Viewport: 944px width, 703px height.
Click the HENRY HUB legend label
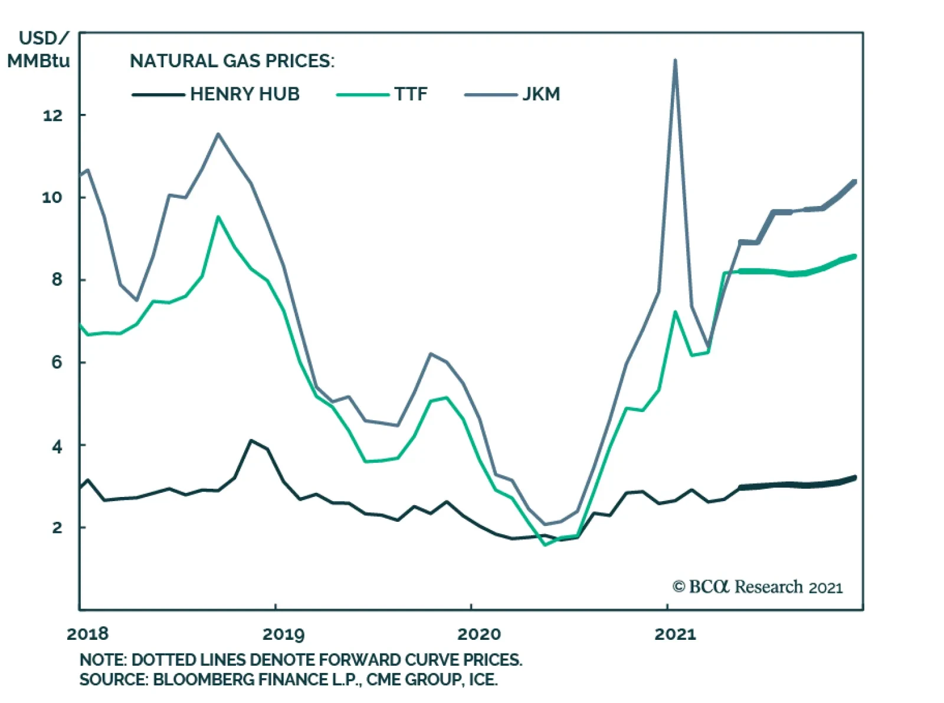(x=244, y=94)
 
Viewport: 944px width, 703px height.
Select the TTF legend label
(x=411, y=94)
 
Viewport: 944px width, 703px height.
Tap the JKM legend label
(x=541, y=94)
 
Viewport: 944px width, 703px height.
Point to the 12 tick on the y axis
(x=53, y=116)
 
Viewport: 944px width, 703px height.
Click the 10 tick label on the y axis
(x=52, y=198)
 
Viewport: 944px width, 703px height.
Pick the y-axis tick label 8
(x=57, y=280)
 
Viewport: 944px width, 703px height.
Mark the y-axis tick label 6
(x=57, y=362)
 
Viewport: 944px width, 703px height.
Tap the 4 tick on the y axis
(x=57, y=447)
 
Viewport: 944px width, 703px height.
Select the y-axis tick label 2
(x=57, y=528)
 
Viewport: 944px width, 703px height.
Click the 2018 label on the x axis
(x=87, y=634)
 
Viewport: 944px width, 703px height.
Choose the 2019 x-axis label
(x=283, y=634)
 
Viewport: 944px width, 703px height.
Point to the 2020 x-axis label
(x=478, y=634)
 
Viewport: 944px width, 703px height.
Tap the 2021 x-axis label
(x=675, y=634)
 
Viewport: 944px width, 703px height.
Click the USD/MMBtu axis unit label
(x=39, y=50)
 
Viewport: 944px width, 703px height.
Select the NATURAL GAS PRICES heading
(x=232, y=61)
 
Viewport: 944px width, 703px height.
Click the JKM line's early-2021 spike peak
(x=675, y=60)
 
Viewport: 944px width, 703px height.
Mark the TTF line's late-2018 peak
(x=218, y=217)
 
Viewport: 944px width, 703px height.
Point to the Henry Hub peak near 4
(x=251, y=440)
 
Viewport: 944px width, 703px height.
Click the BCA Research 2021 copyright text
(x=758, y=587)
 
